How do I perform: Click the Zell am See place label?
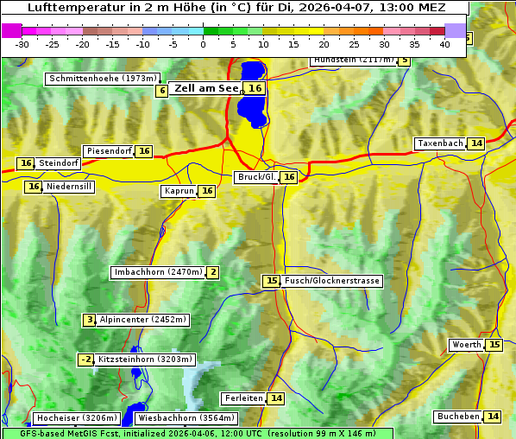[x=205, y=88]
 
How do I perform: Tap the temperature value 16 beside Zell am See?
[x=255, y=88]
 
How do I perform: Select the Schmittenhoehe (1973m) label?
[x=102, y=79]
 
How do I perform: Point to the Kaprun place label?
[x=179, y=192]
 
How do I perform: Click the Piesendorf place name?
[x=109, y=151]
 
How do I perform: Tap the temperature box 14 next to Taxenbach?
[x=476, y=143]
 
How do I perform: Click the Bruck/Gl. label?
[x=256, y=177]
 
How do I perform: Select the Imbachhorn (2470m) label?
[x=158, y=272]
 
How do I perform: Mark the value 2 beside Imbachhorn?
[x=212, y=272]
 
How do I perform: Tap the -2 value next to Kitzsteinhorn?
[x=86, y=359]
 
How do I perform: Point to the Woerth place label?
[x=467, y=345]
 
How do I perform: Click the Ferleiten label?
[x=243, y=398]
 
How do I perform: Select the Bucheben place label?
[x=458, y=417]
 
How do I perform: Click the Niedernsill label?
[x=70, y=187]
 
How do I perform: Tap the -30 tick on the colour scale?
[x=22, y=44]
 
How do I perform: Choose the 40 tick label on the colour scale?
[x=444, y=44]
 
